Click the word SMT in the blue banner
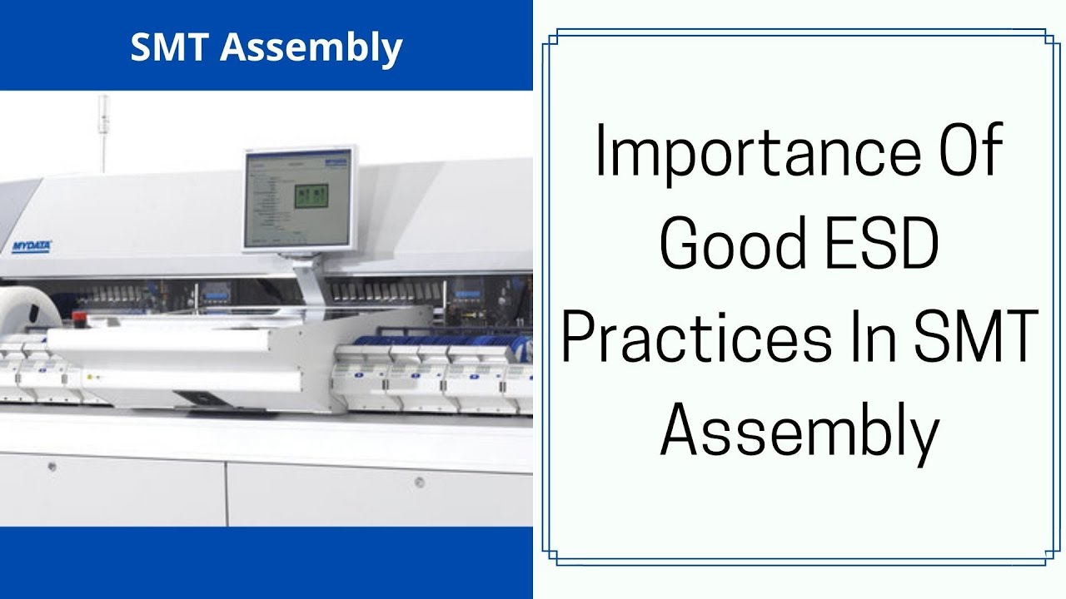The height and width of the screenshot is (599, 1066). coord(172,48)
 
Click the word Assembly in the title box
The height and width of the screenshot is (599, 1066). coord(799,433)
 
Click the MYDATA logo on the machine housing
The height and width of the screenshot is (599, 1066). coord(32,246)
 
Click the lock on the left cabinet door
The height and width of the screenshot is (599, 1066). coord(52,466)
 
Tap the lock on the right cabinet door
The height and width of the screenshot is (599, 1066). coord(419,482)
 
